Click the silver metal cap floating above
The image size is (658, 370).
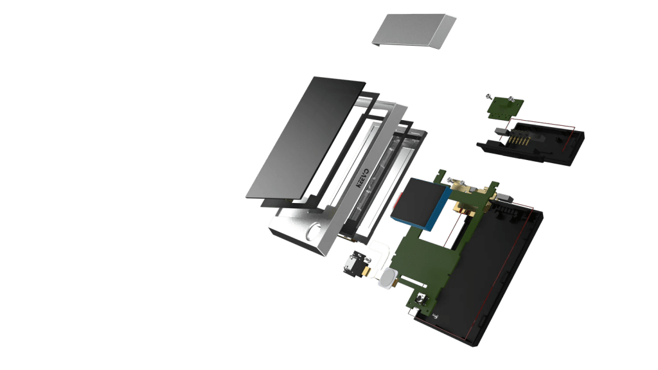[x=413, y=30]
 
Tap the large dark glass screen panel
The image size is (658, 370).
[x=305, y=137]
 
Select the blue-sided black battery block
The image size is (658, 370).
[x=420, y=203]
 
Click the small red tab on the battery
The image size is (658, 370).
[x=397, y=200]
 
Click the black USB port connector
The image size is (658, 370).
[x=355, y=263]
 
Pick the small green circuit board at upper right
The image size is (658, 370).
[x=505, y=107]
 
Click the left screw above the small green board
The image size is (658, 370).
[x=489, y=97]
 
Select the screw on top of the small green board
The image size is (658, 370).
[x=511, y=100]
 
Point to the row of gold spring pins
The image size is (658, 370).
[x=518, y=140]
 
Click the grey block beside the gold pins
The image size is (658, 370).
[x=501, y=131]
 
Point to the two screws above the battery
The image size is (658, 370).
[x=457, y=182]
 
